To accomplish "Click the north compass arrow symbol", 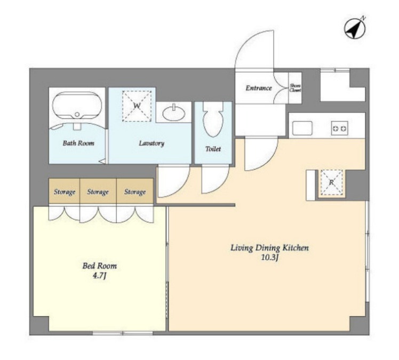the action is (x=355, y=28).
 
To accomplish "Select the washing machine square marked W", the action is (x=137, y=106).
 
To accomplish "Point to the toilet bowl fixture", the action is (x=213, y=119).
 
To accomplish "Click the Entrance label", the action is (x=259, y=88).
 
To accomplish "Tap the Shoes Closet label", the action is (x=295, y=88).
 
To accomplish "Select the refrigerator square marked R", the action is (x=332, y=182).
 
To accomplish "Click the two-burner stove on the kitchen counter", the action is (x=339, y=128).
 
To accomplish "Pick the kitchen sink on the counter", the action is (x=302, y=128).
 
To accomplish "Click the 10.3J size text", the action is (x=270, y=258).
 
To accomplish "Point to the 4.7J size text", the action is (x=99, y=276).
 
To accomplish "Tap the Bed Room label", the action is (x=100, y=266).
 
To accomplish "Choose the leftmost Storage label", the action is (x=65, y=191).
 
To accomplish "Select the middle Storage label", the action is (x=98, y=191).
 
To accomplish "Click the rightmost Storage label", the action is (x=135, y=191).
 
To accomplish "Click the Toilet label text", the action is (x=213, y=149).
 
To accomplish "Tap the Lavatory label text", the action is (x=151, y=143).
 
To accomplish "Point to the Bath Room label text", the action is (x=78, y=143).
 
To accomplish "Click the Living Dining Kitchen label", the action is (x=269, y=247).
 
